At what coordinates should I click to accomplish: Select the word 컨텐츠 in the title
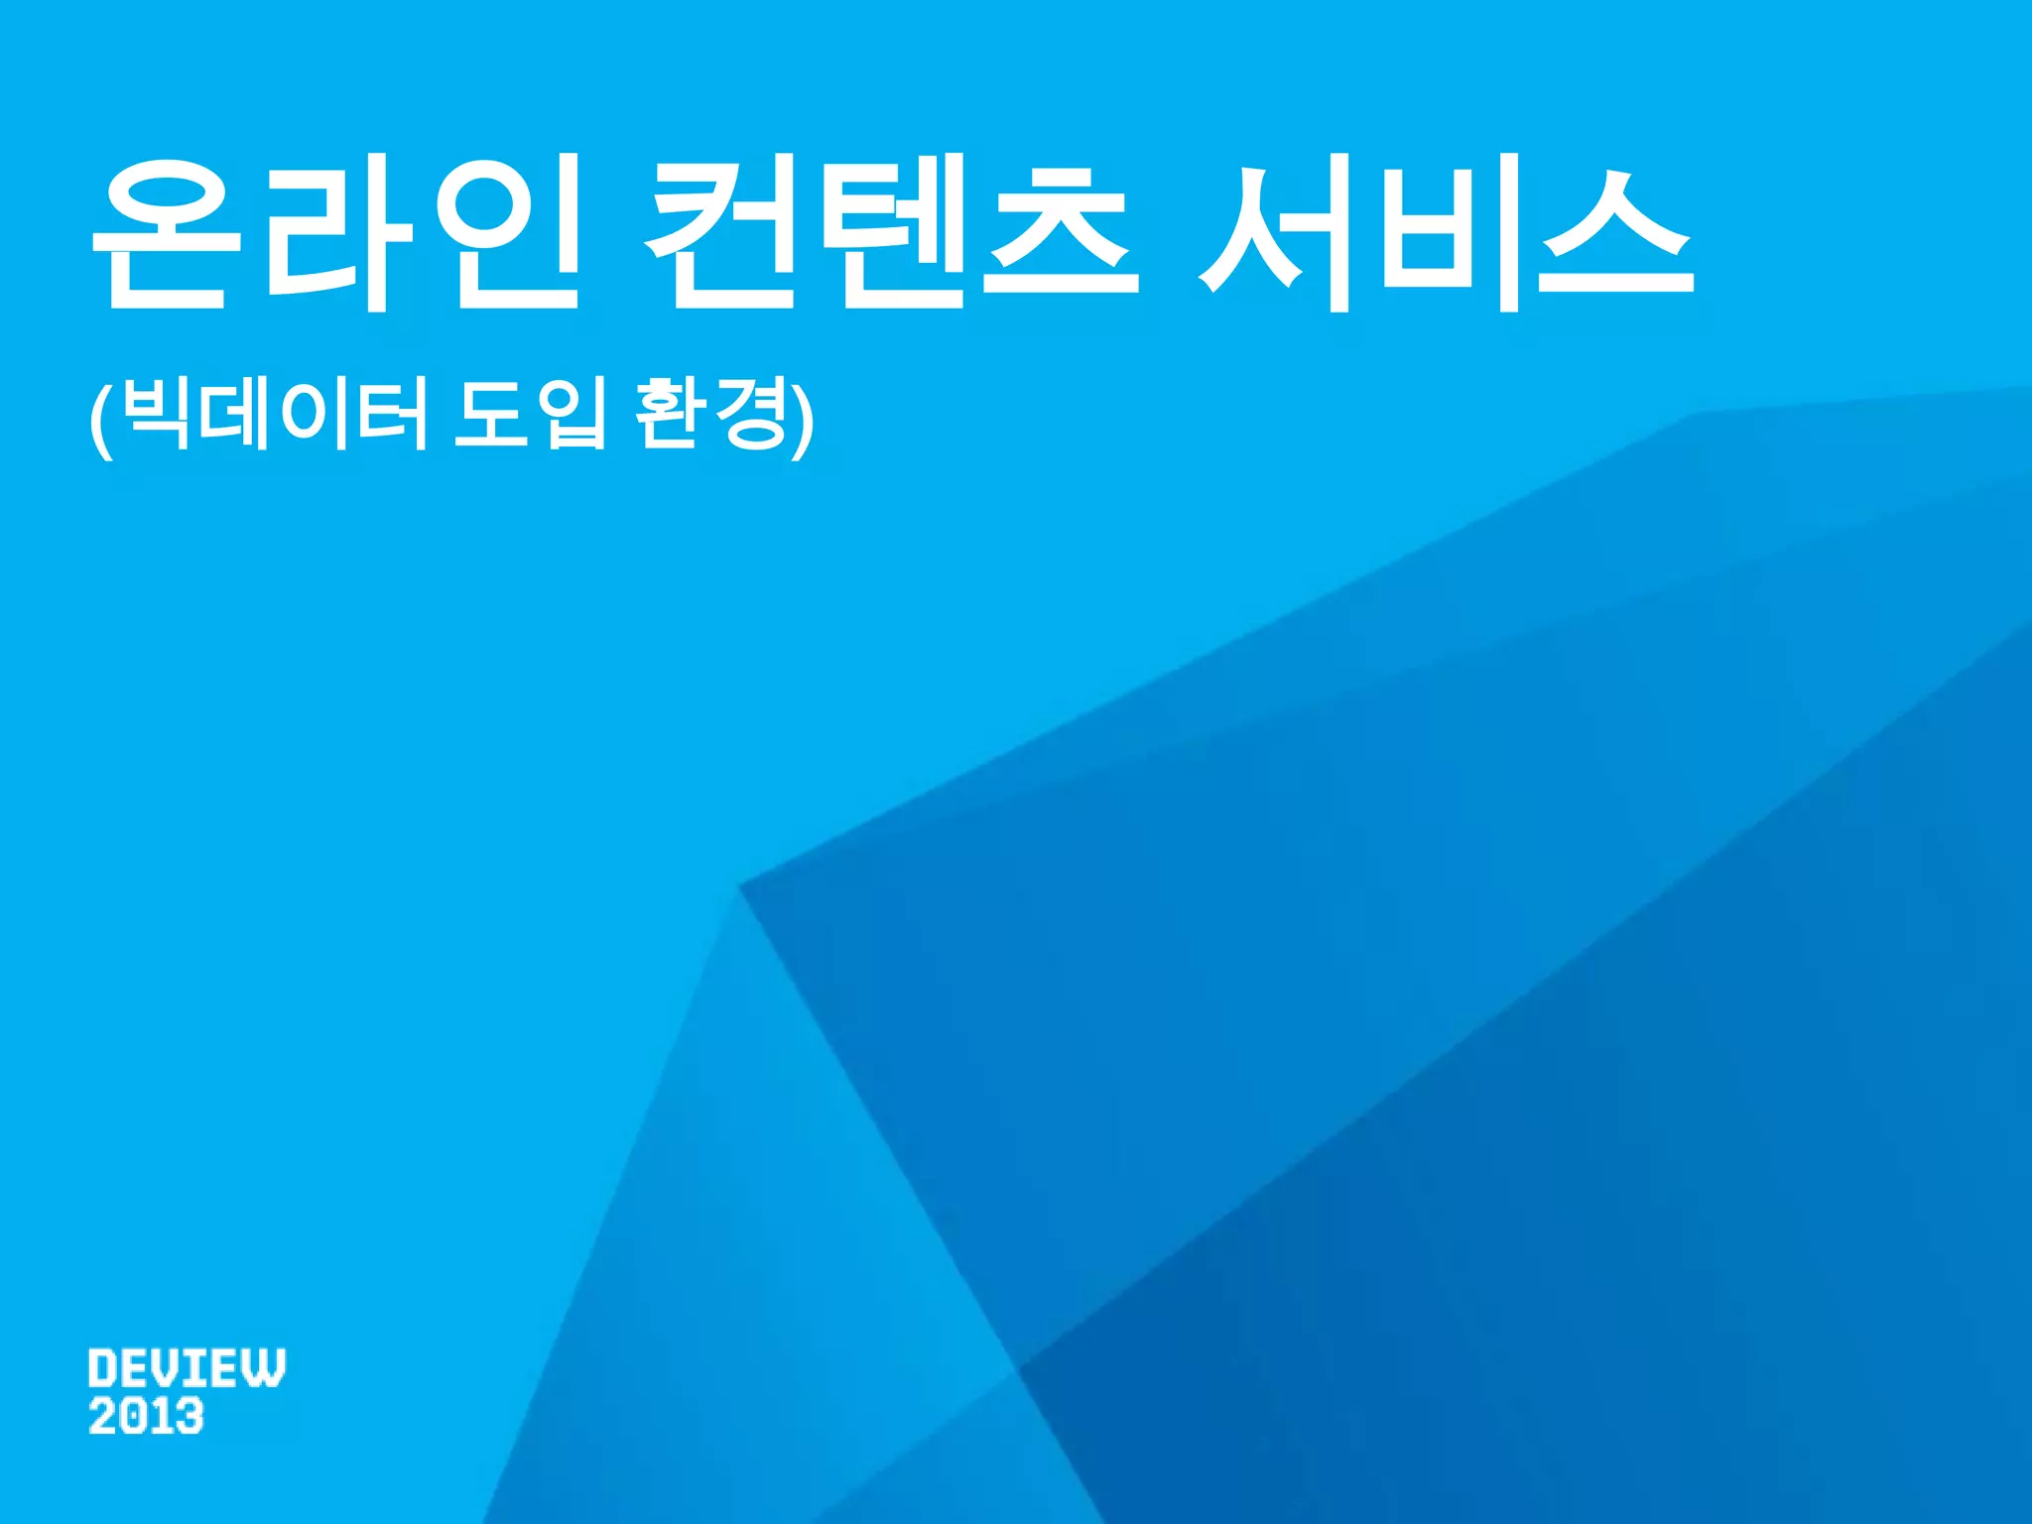click(891, 233)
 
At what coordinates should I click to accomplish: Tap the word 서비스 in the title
click(1447, 233)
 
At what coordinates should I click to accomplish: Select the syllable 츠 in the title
click(1062, 233)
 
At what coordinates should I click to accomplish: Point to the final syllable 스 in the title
click(1617, 233)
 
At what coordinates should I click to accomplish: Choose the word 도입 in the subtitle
click(529, 414)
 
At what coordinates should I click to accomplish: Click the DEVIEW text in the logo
click(187, 1368)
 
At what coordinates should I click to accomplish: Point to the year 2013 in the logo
click(146, 1416)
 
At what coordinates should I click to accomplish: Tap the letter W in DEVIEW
click(265, 1368)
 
